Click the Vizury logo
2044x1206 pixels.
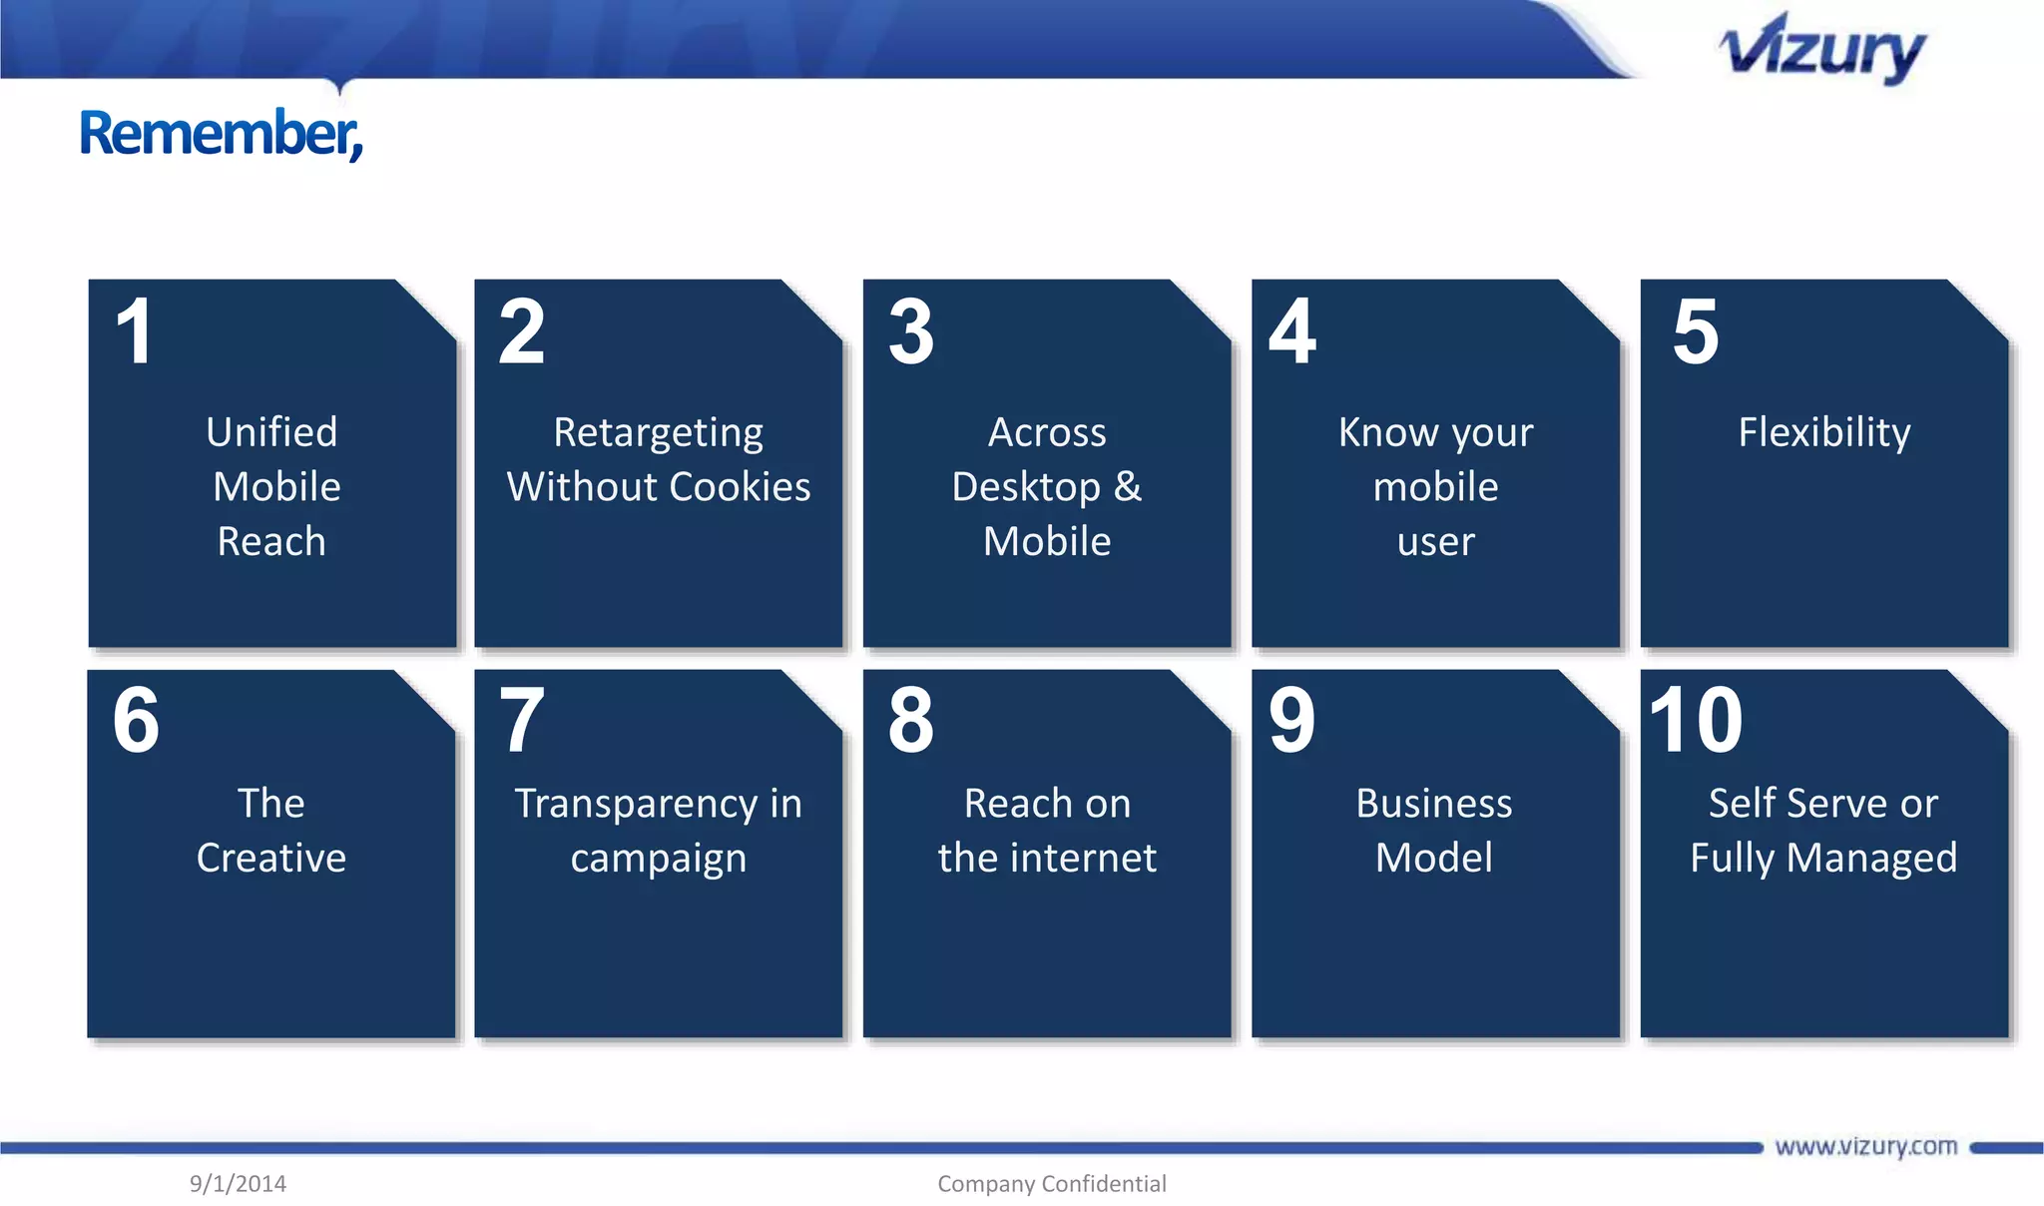tap(1822, 50)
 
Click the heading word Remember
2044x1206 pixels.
tap(221, 134)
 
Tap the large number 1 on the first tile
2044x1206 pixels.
tap(134, 331)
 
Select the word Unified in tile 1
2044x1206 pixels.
tap(271, 432)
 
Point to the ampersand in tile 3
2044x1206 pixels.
tap(1128, 487)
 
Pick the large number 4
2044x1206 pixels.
tap(1292, 331)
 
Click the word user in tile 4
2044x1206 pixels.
tap(1435, 542)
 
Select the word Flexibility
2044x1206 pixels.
tap(1823, 432)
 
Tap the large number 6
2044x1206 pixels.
tap(136, 721)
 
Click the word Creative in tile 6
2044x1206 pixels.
tap(271, 859)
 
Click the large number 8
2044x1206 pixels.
tap(910, 721)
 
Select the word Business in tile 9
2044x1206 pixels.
tap(1433, 804)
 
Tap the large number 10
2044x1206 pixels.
tap(1696, 721)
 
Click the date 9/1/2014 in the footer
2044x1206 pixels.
tap(238, 1184)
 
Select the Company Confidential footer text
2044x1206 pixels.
tap(1051, 1184)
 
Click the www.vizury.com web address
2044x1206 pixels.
tap(1865, 1146)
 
